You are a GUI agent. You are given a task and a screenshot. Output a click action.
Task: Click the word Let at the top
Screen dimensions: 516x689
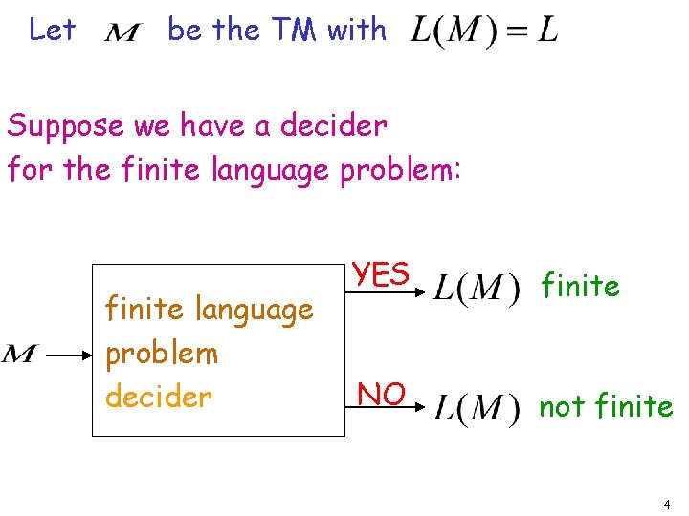pos(52,30)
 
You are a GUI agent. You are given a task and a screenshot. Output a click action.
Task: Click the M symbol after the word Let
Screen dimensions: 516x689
pos(122,33)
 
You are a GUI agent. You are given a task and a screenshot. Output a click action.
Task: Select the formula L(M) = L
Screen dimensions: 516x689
pos(483,32)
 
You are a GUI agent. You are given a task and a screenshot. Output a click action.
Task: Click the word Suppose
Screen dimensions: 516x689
pos(65,125)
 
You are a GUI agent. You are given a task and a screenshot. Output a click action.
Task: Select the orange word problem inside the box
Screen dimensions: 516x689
pos(162,353)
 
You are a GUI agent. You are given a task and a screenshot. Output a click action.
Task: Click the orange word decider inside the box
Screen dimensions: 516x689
pos(158,396)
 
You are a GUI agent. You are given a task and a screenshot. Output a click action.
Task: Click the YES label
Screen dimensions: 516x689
pos(381,274)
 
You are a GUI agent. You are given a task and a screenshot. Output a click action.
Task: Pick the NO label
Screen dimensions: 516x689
pos(381,393)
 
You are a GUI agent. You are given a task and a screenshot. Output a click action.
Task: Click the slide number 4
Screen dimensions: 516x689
pos(666,504)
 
